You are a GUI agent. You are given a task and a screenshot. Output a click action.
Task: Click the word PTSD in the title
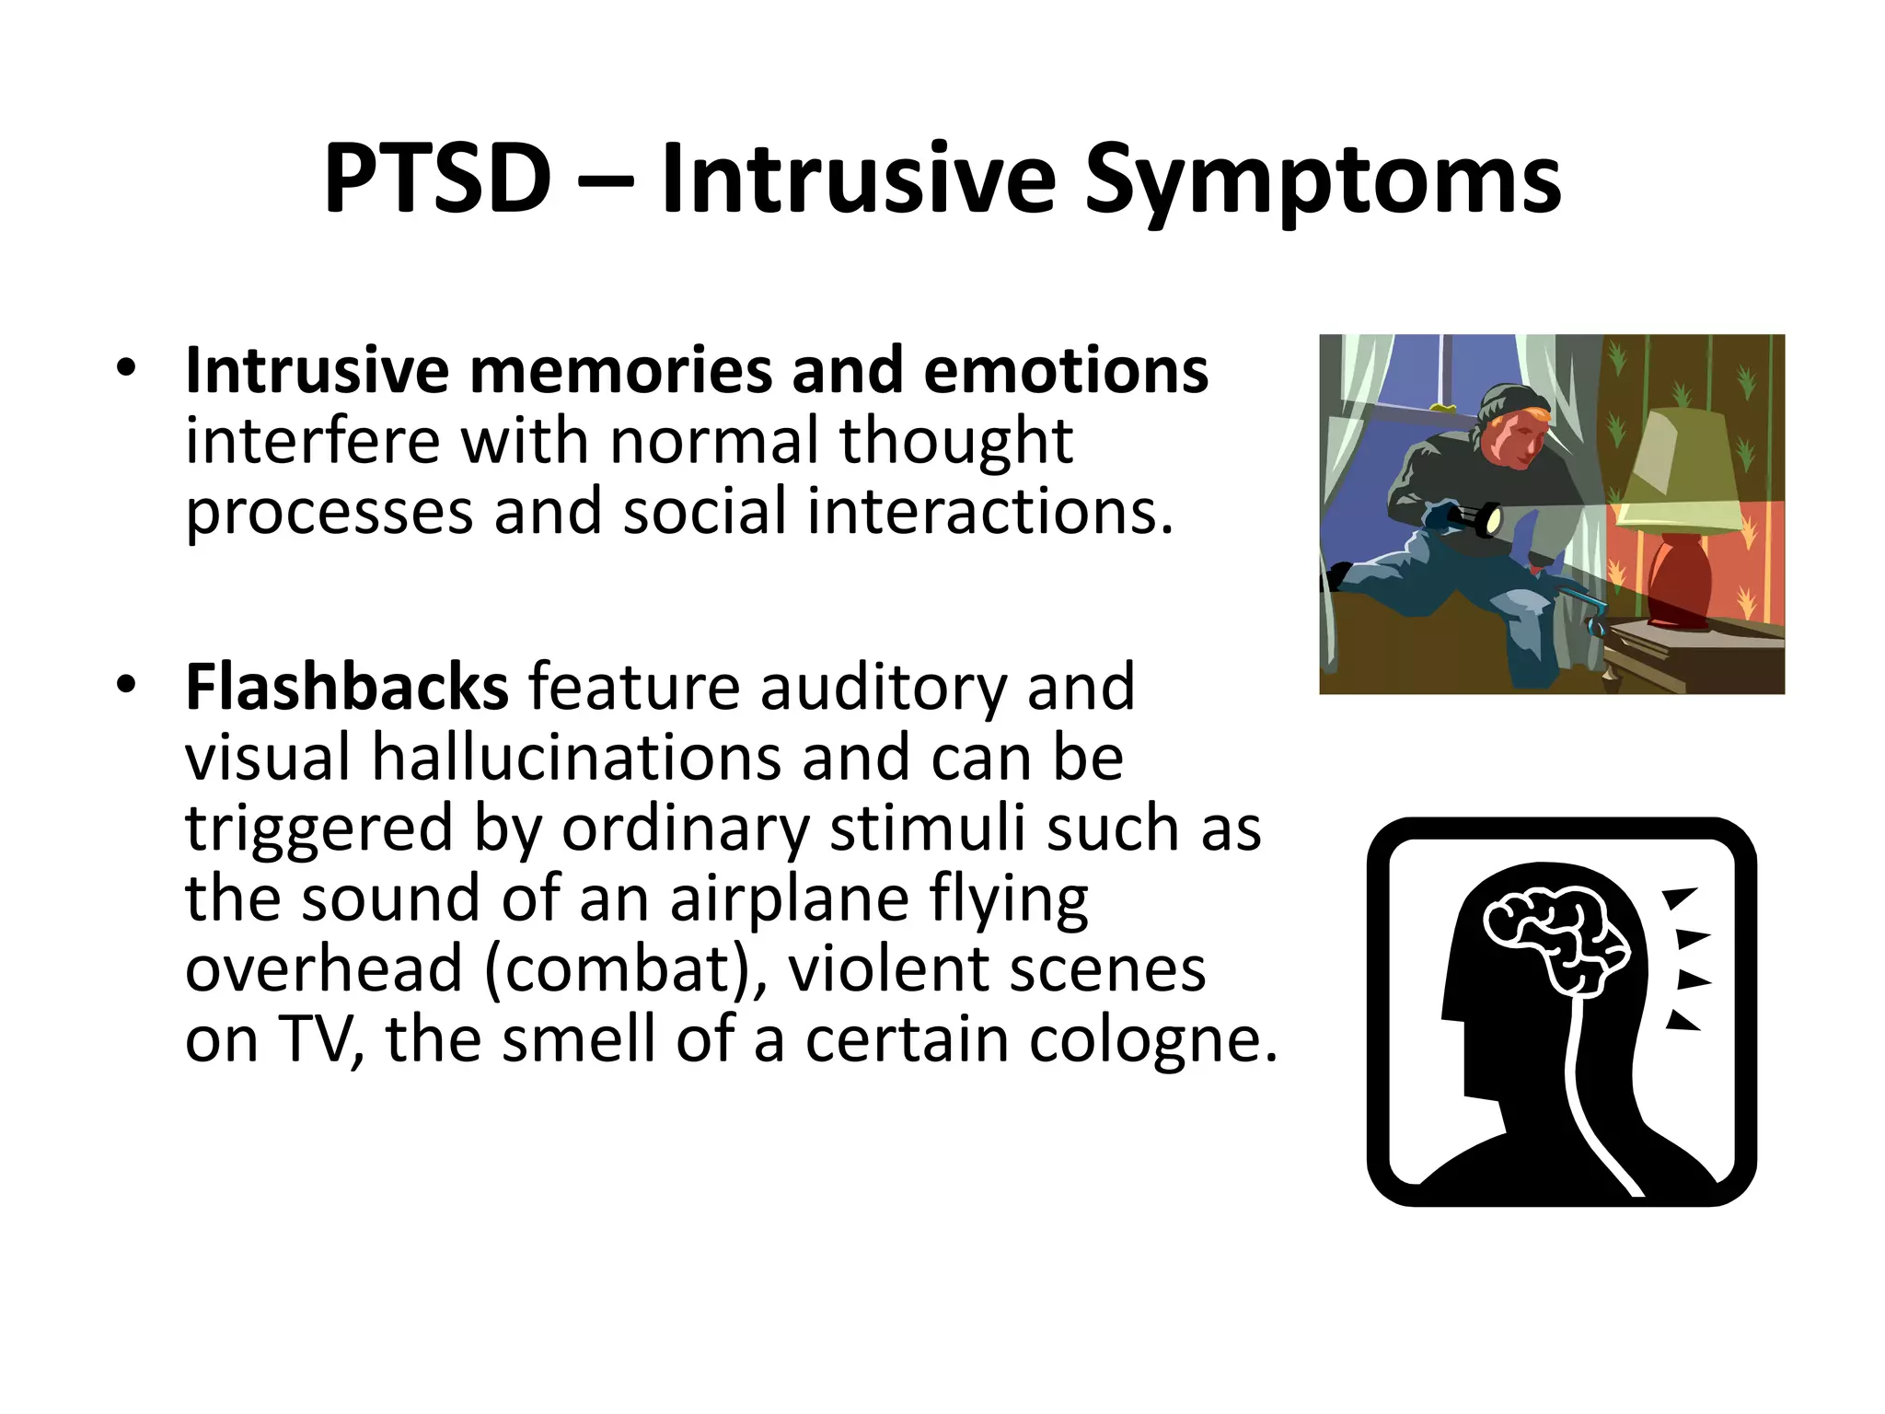pos(437,179)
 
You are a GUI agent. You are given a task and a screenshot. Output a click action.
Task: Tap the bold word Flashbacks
pos(346,687)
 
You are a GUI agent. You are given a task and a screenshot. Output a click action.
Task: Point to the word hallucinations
pos(575,758)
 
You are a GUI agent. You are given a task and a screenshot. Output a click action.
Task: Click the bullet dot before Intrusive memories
pos(126,368)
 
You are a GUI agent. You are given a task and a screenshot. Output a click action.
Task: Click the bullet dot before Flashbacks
pos(126,685)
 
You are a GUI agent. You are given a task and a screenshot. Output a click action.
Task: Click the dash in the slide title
pos(606,182)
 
